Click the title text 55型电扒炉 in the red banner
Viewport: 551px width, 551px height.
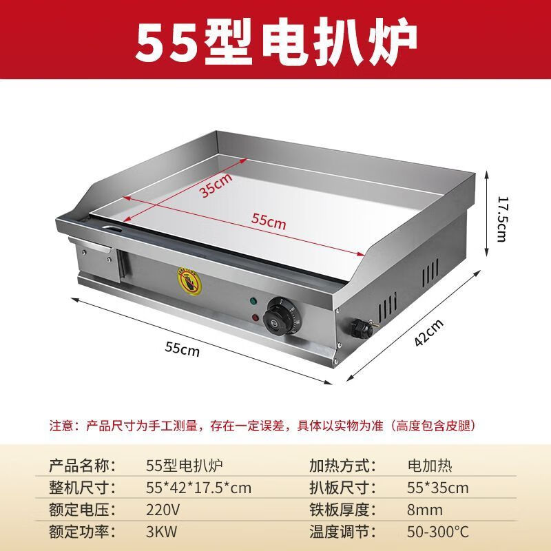[x=275, y=40]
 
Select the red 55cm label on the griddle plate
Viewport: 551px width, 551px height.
[x=268, y=221]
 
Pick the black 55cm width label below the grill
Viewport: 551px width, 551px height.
[x=182, y=349]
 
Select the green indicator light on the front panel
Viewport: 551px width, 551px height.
[x=253, y=301]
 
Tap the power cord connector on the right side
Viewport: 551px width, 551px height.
[x=362, y=327]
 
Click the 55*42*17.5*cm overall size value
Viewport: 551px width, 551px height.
[x=199, y=488]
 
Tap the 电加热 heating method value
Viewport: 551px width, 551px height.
[x=430, y=466]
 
